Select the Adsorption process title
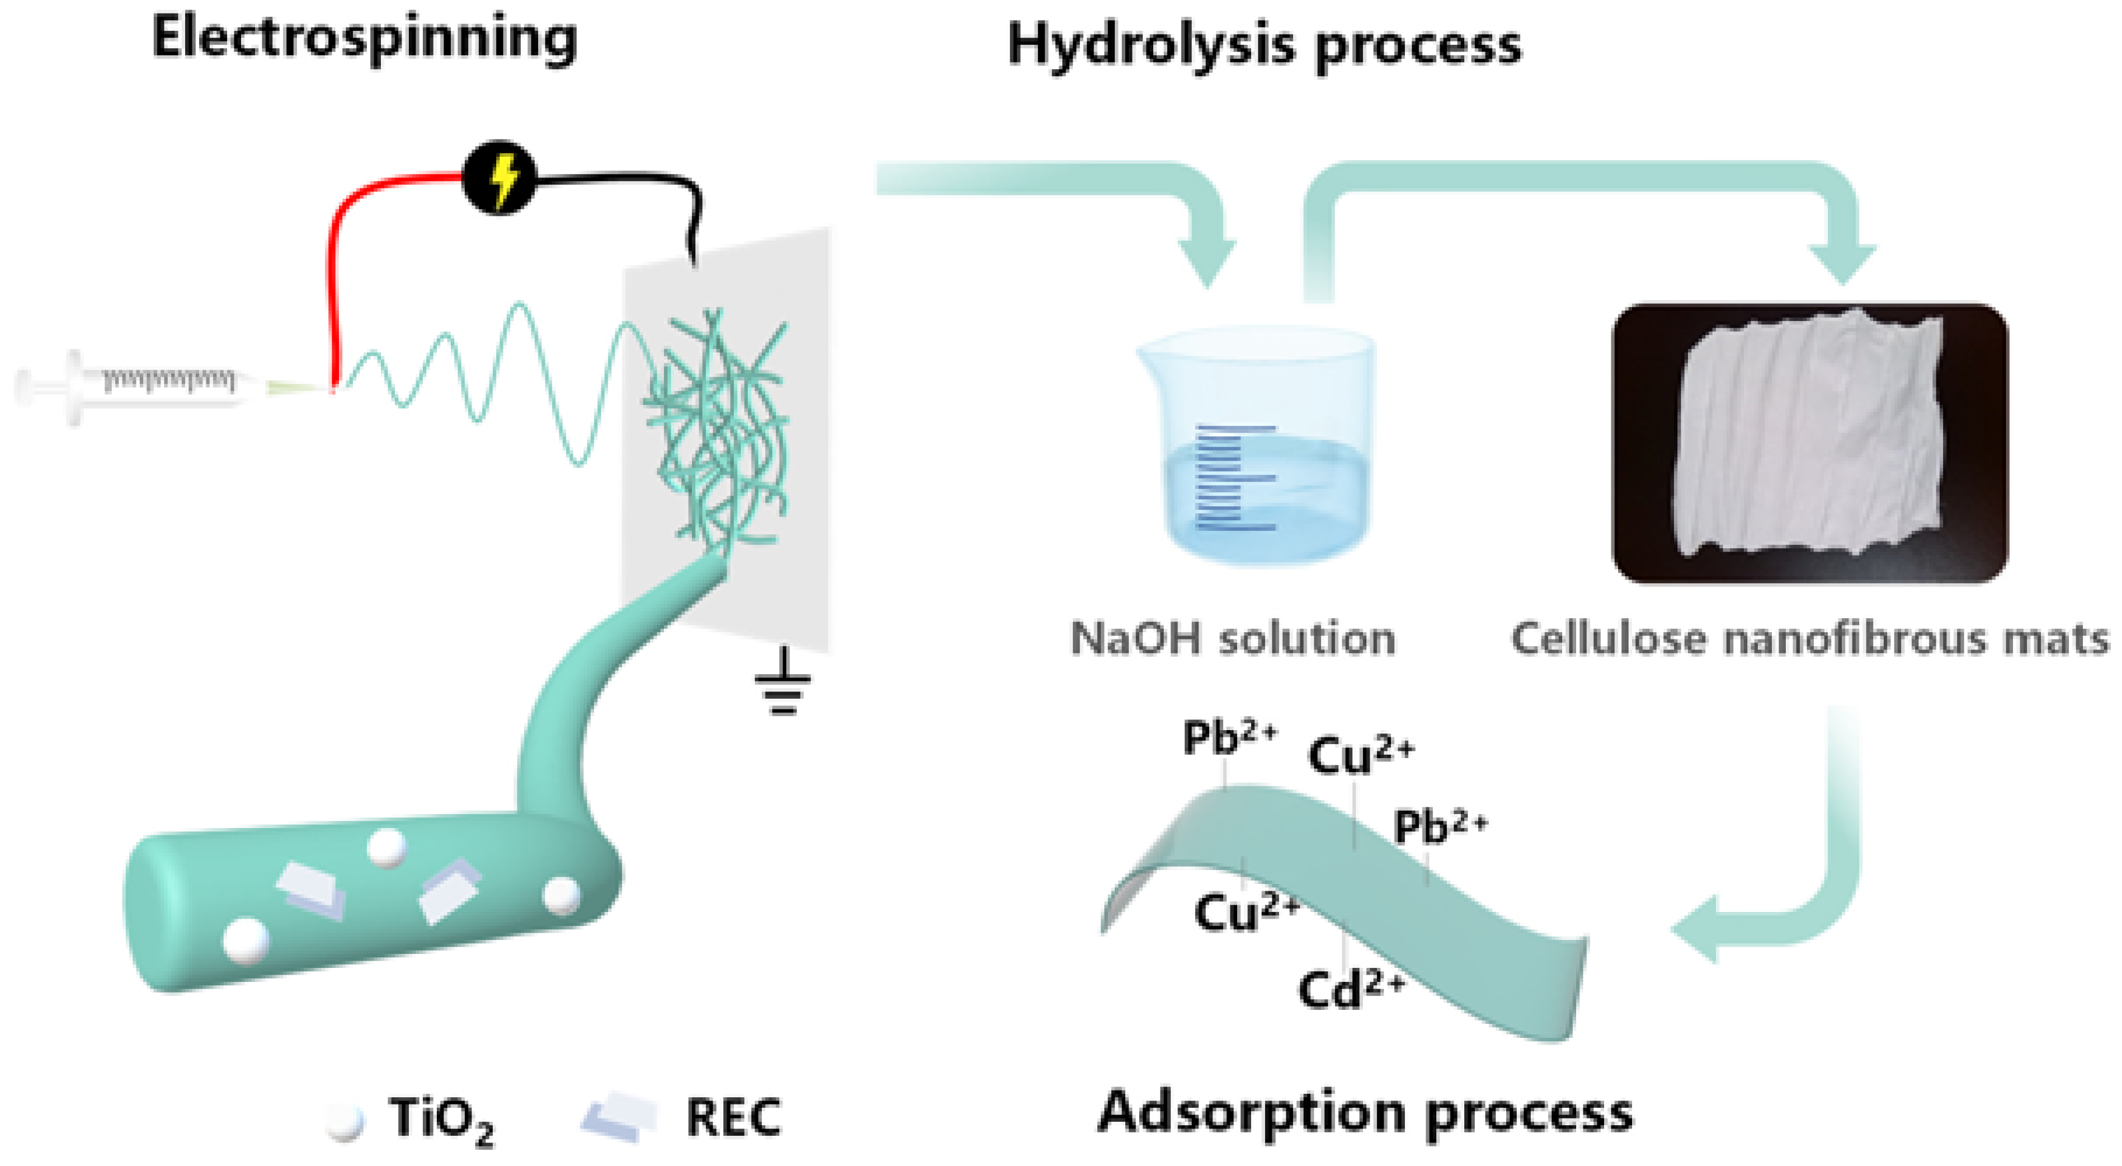tap(1365, 1113)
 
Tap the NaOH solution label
tap(1232, 638)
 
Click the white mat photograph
tap(1809, 443)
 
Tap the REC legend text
tap(733, 1118)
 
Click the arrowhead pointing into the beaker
tap(1207, 260)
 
